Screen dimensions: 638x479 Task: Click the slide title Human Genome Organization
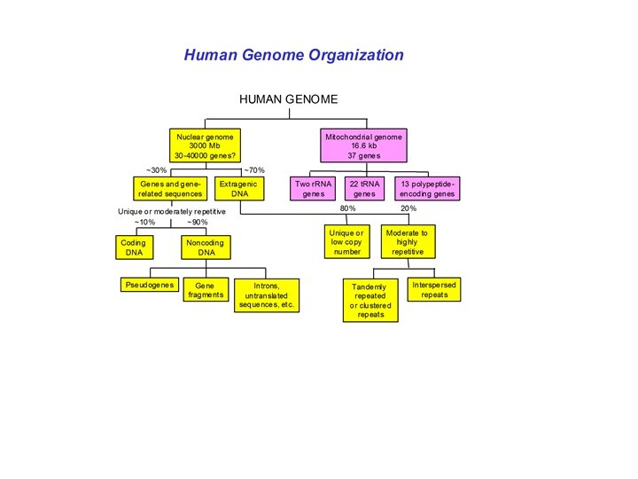[x=293, y=55]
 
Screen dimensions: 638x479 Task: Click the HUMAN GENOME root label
[x=288, y=99]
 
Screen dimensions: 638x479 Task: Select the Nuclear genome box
[x=205, y=146]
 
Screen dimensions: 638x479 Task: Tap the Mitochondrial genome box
[x=363, y=146]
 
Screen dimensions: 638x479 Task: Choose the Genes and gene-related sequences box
[x=170, y=188]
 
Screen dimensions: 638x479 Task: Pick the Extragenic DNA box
[x=237, y=188]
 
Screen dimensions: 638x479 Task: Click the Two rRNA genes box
[x=314, y=188]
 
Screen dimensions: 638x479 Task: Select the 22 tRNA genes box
[x=364, y=188]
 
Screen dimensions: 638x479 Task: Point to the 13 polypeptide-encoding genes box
[x=427, y=188]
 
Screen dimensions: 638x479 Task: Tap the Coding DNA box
[x=134, y=247]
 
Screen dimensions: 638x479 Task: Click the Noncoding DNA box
[x=206, y=247]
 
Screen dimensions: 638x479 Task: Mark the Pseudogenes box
[x=149, y=285]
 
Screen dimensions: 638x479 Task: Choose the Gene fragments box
[x=206, y=290]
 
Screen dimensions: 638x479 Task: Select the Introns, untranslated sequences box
[x=267, y=294]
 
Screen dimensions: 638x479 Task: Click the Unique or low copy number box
[x=346, y=241]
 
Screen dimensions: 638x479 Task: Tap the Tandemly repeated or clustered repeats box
[x=370, y=301]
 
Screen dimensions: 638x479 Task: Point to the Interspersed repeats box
[x=434, y=289]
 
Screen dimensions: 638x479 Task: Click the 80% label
[x=348, y=208]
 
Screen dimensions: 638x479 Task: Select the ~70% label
[x=253, y=170]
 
